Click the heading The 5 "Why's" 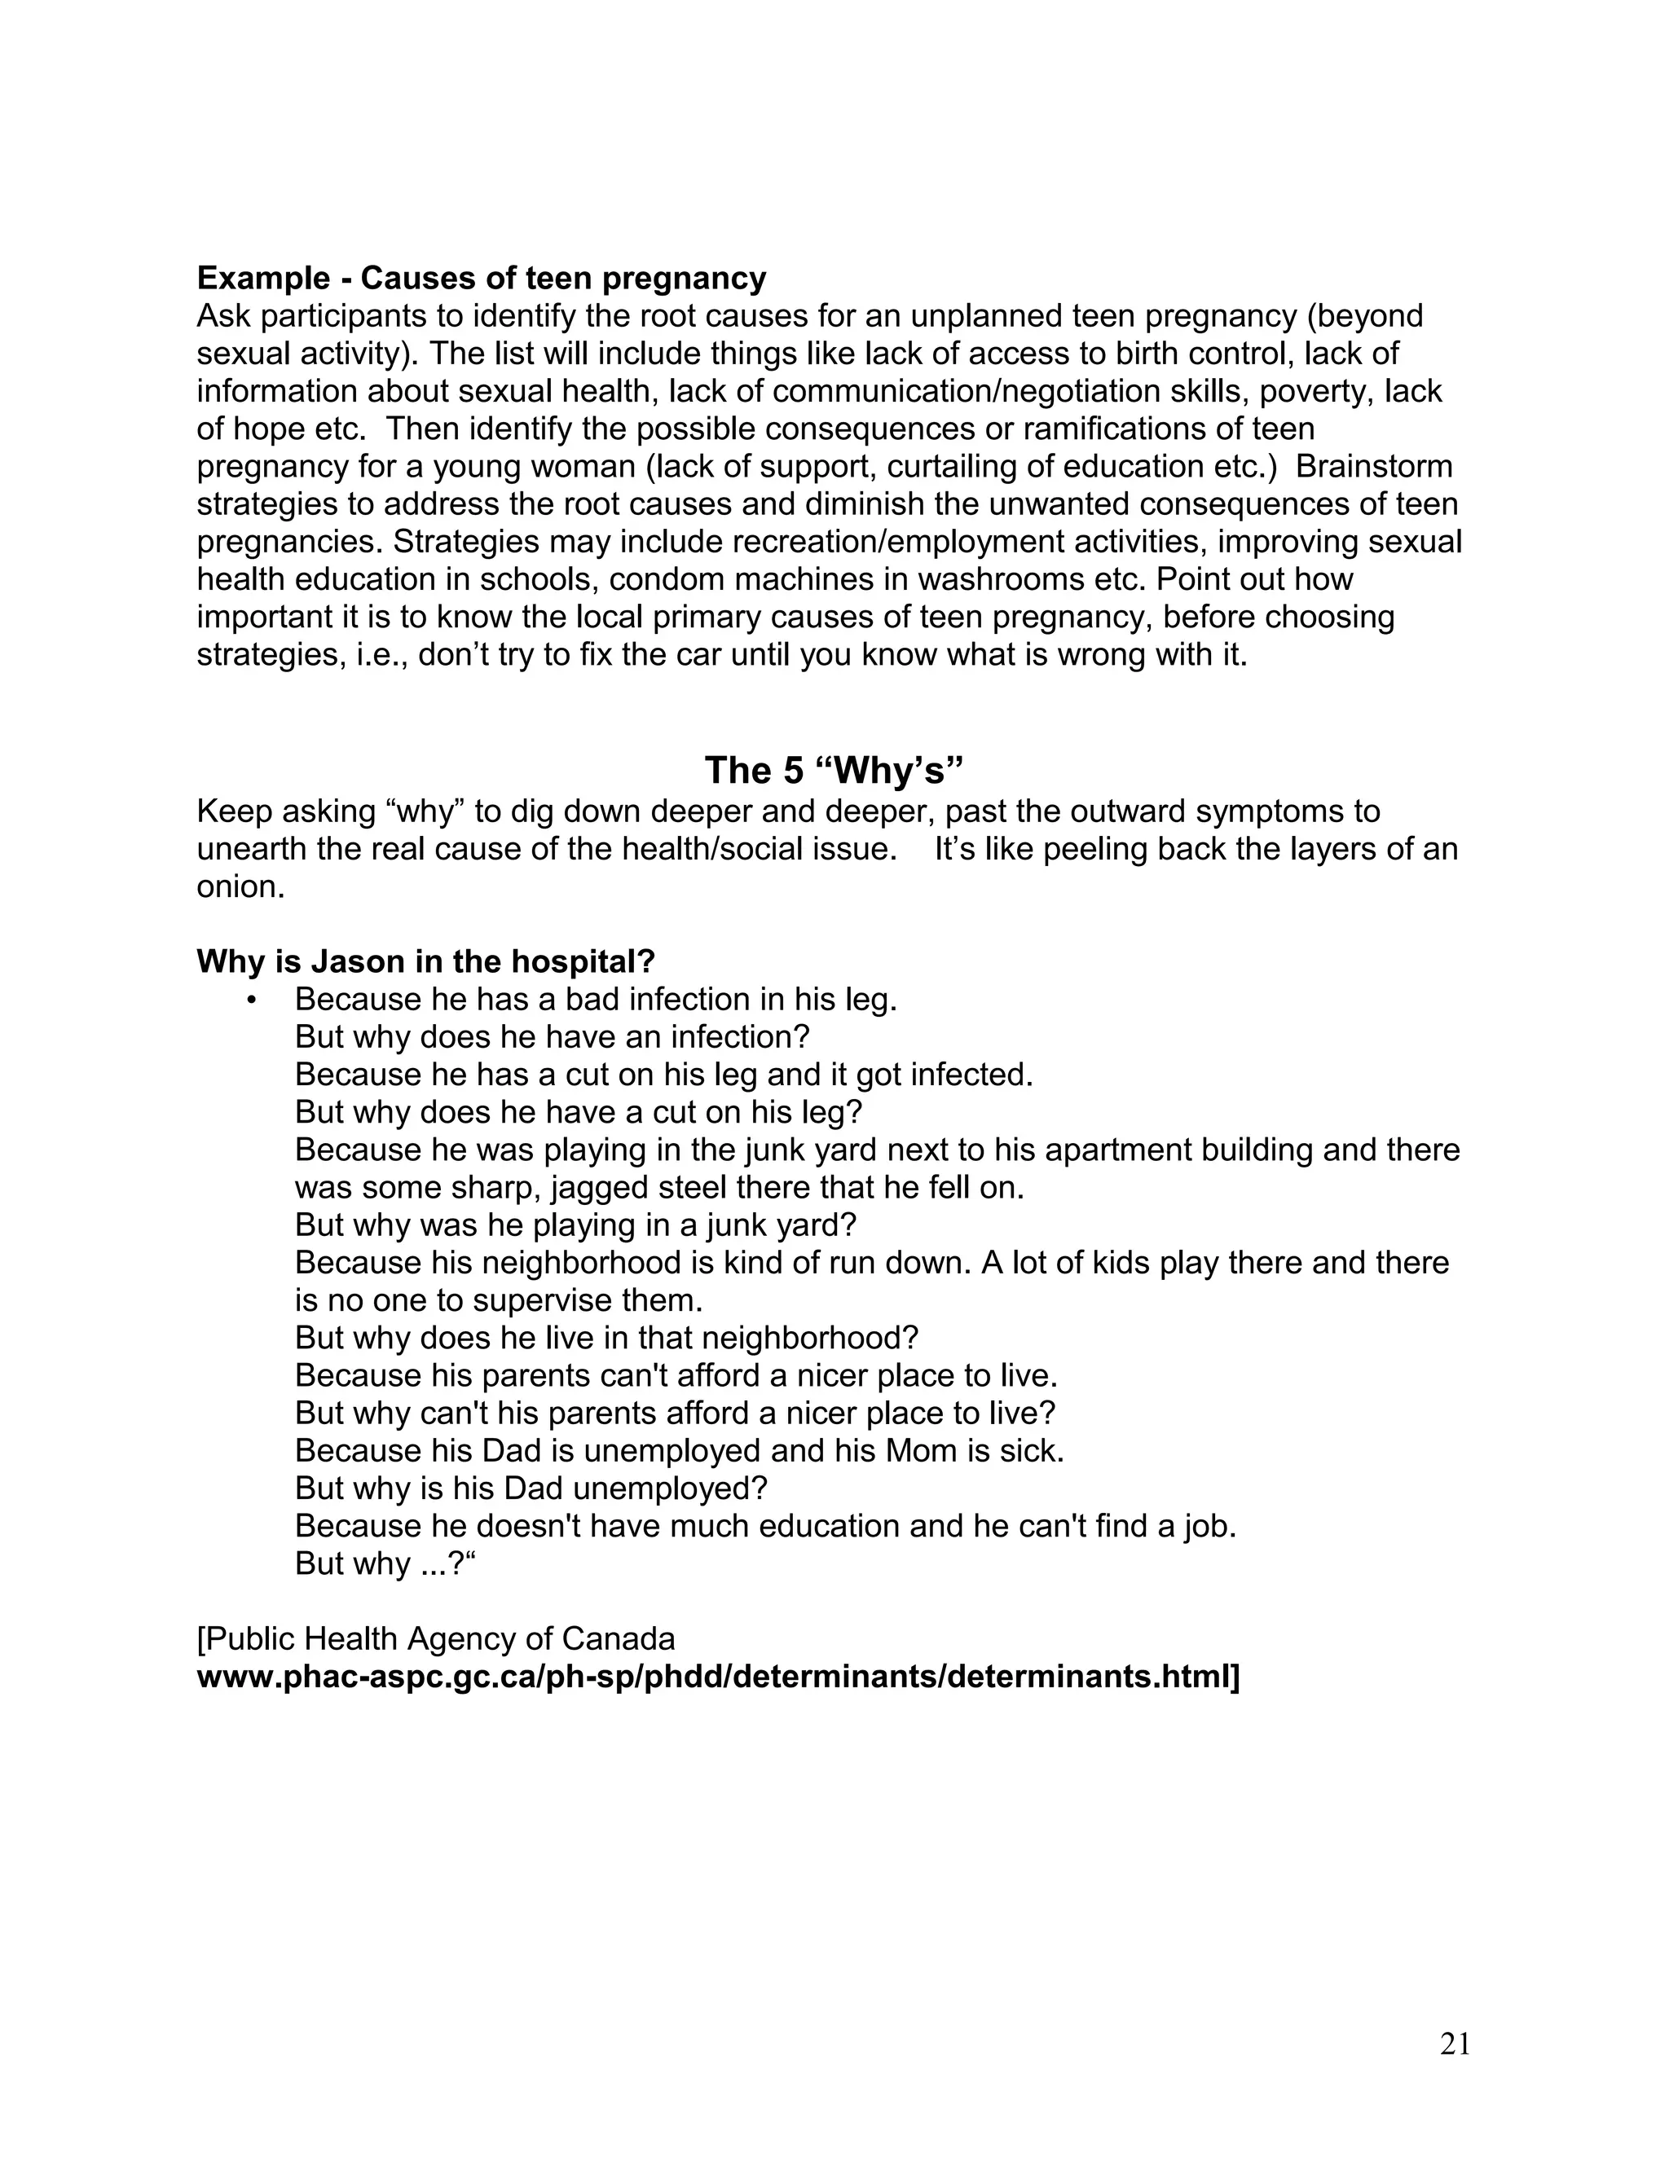(x=834, y=770)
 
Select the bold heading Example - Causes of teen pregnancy (x=482, y=279)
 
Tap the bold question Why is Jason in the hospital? (x=426, y=961)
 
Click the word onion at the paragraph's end (x=240, y=886)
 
